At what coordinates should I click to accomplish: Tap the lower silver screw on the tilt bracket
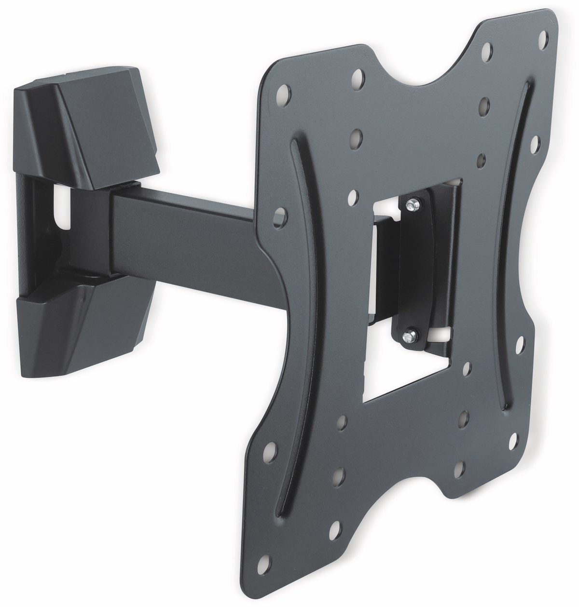[409, 335]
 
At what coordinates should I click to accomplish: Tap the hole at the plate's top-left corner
[285, 90]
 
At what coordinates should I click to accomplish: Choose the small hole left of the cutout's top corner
[352, 196]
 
